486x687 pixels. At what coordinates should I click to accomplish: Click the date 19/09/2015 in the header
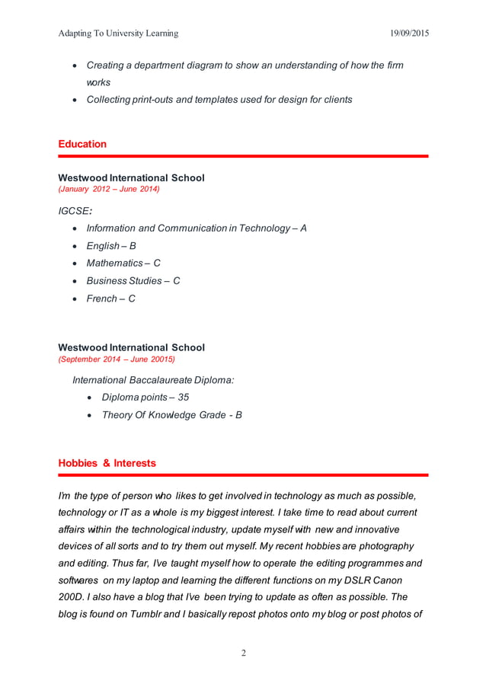pyautogui.click(x=408, y=34)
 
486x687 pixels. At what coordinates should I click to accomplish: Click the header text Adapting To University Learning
pyautogui.click(x=118, y=34)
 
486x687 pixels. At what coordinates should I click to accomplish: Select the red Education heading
pyautogui.click(x=82, y=144)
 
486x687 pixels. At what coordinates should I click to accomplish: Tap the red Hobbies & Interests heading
pyautogui.click(x=107, y=463)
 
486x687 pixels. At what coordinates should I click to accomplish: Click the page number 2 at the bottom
pyautogui.click(x=243, y=653)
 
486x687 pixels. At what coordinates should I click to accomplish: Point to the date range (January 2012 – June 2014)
pyautogui.click(x=109, y=189)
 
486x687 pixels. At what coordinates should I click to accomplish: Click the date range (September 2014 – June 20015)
pyautogui.click(x=117, y=359)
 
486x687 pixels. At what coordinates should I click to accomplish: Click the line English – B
pyautogui.click(x=111, y=246)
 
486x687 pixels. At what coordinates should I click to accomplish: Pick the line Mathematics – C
pyautogui.click(x=123, y=264)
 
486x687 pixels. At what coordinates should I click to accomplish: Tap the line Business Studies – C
pyautogui.click(x=133, y=281)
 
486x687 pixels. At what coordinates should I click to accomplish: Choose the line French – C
pyautogui.click(x=110, y=299)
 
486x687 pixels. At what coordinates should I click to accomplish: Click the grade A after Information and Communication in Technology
pyautogui.click(x=303, y=228)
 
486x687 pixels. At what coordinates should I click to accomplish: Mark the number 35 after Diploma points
pyautogui.click(x=183, y=398)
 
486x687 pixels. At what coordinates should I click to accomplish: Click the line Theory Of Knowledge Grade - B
pyautogui.click(x=171, y=415)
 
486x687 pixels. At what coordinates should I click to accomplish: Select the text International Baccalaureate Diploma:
pyautogui.click(x=153, y=379)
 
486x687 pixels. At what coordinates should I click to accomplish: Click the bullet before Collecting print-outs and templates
pyautogui.click(x=73, y=100)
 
